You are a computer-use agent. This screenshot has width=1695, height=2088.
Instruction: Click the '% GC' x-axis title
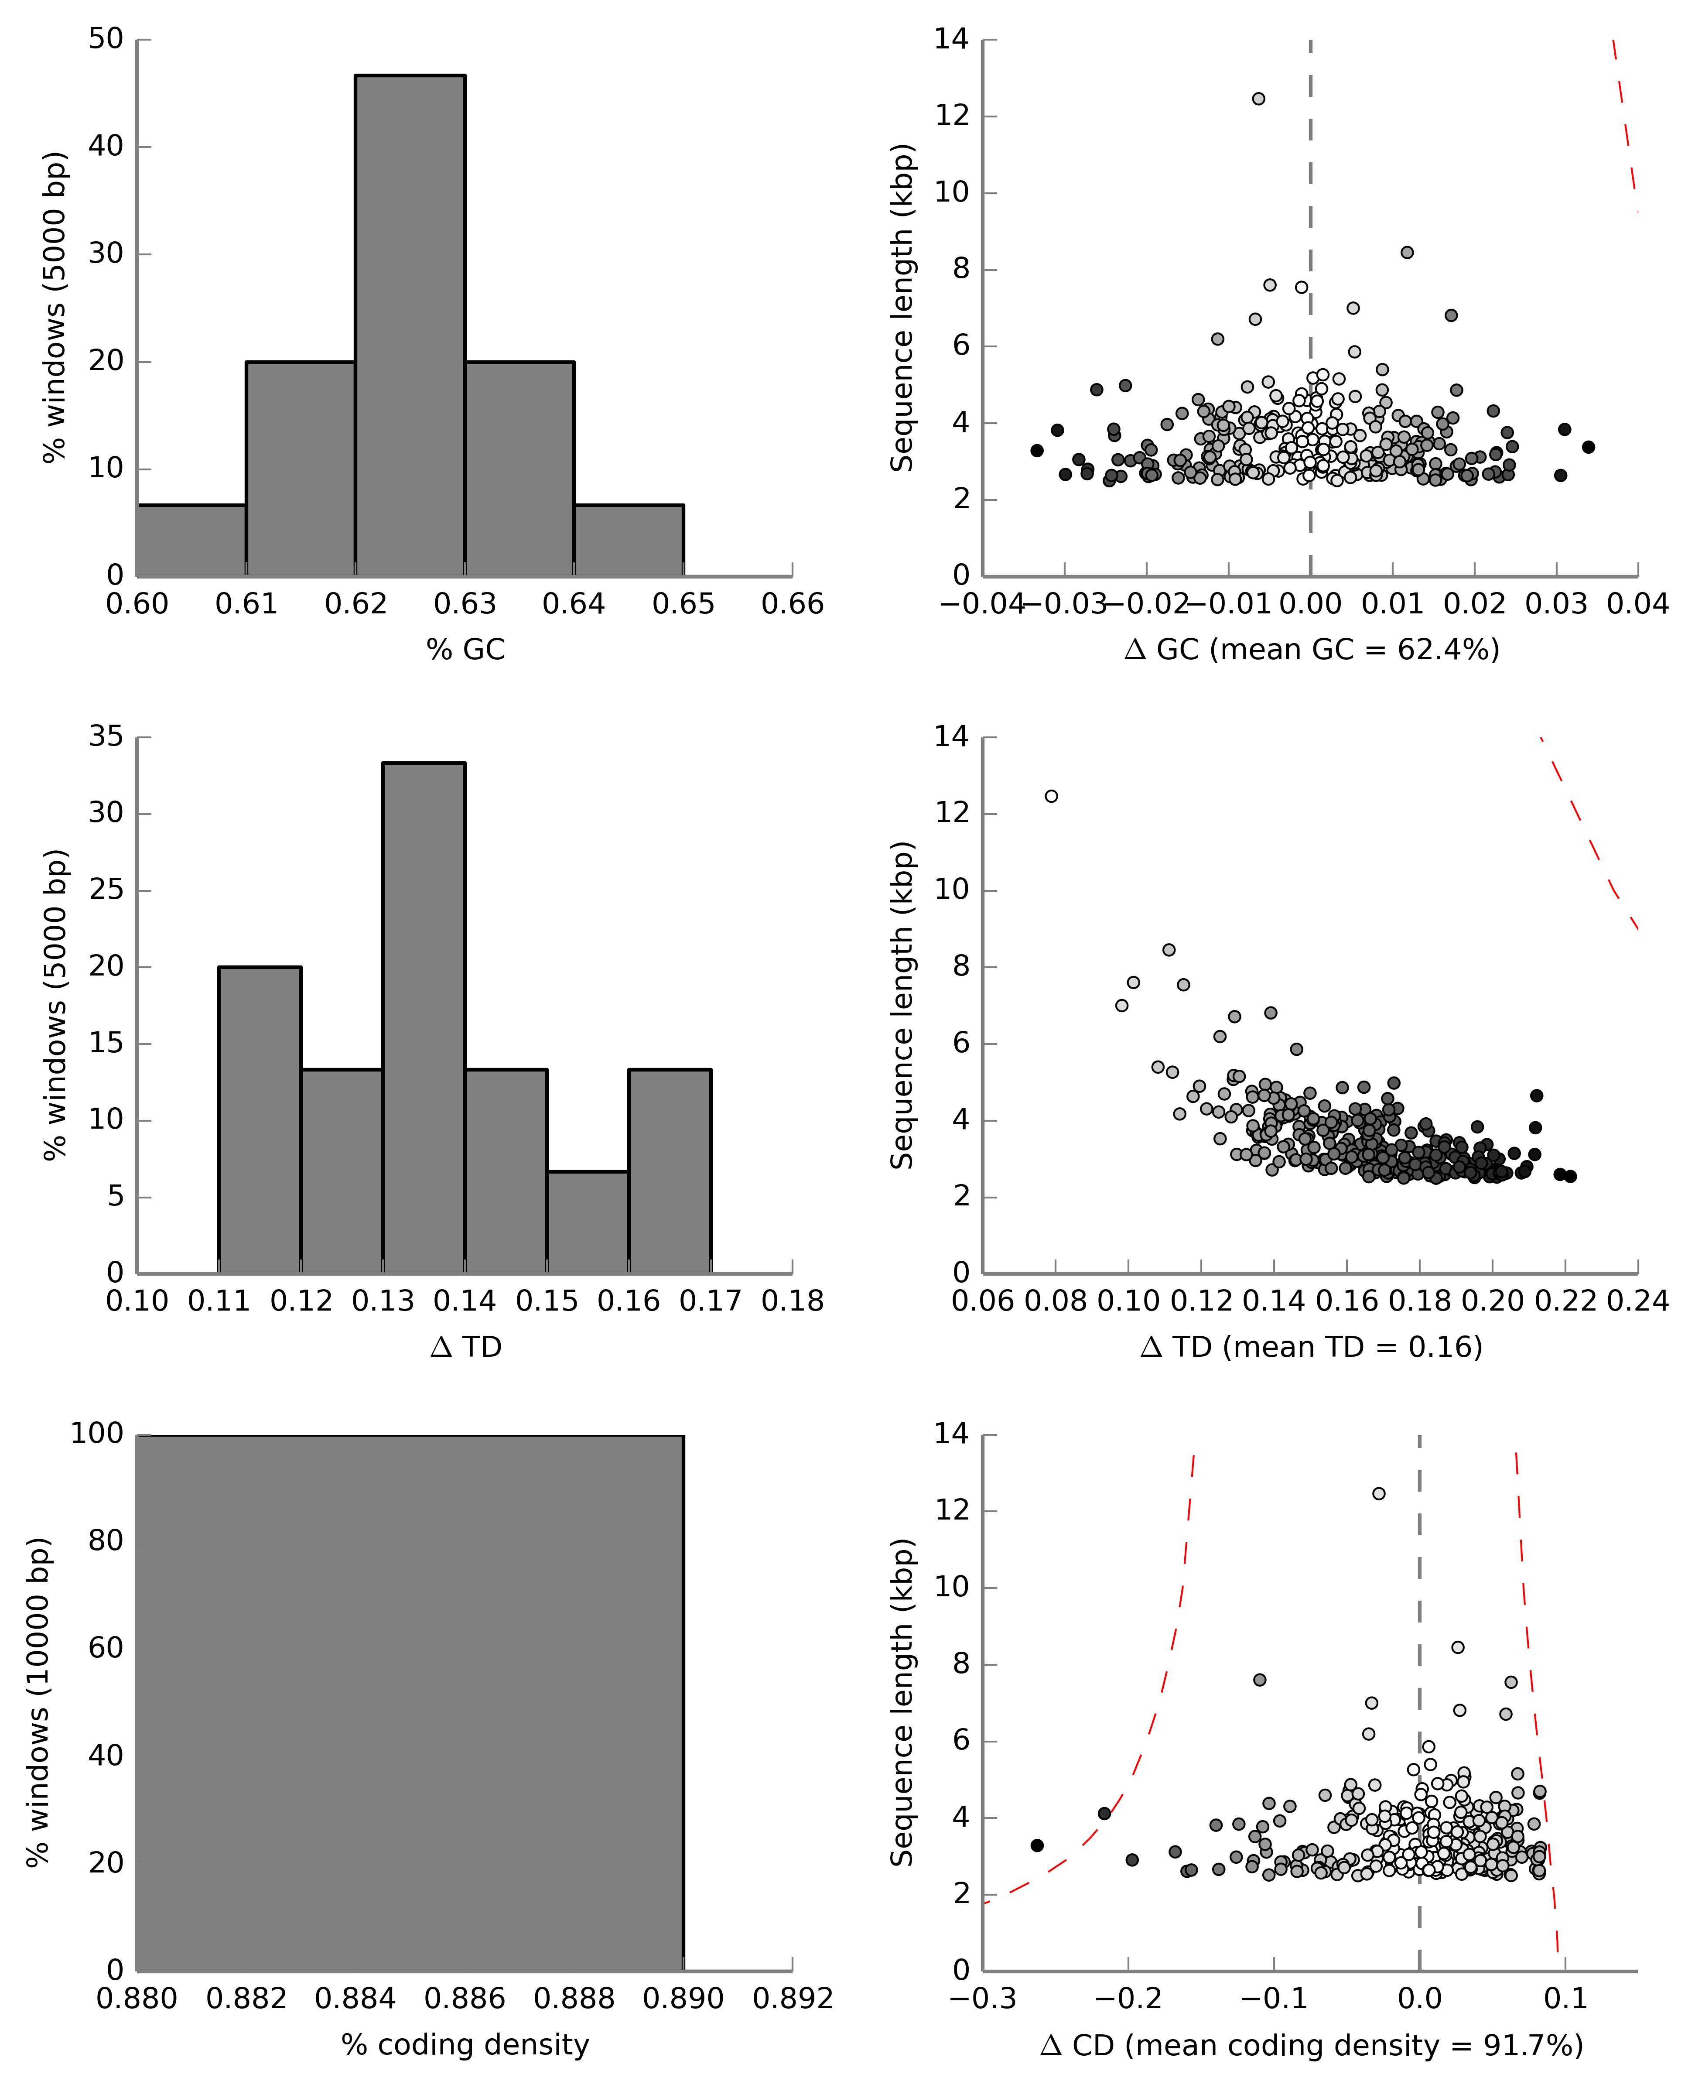[465, 650]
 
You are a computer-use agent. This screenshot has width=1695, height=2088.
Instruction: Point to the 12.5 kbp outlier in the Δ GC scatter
[1258, 99]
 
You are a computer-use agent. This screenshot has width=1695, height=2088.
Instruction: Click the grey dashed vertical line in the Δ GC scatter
[1310, 195]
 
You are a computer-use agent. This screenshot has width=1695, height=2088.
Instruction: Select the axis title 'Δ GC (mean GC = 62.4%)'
[1311, 650]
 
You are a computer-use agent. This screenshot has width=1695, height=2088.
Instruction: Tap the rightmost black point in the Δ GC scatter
[1589, 447]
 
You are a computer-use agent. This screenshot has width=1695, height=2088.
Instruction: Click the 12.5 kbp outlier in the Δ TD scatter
[1052, 796]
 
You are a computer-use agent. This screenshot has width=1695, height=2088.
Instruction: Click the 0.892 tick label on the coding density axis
[792, 1999]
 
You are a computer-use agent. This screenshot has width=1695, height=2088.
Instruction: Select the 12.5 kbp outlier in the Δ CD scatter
[1379, 1493]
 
